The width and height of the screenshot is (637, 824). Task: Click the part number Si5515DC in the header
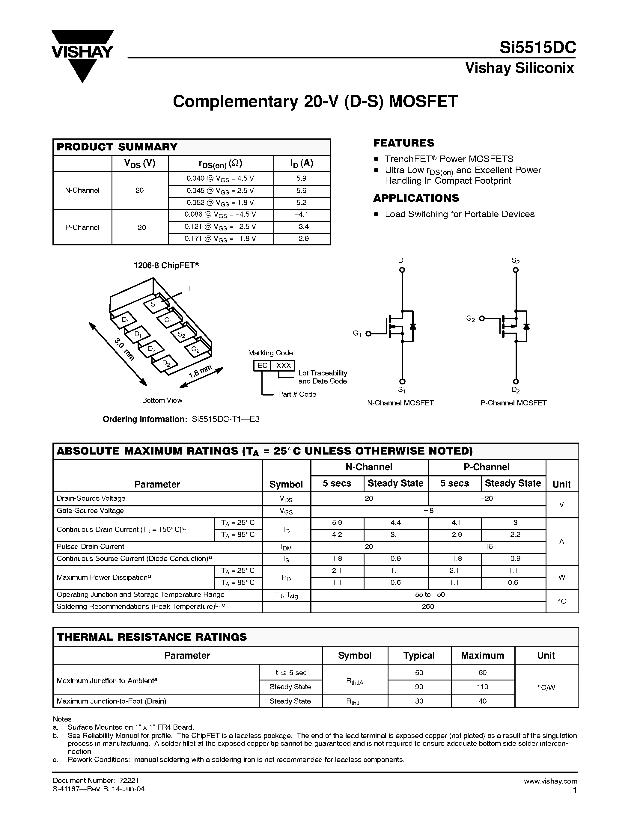tap(537, 48)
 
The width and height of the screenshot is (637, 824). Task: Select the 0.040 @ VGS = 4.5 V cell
tap(220, 179)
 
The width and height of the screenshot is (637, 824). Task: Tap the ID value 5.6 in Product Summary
tap(301, 191)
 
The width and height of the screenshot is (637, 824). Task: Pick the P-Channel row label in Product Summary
tap(82, 227)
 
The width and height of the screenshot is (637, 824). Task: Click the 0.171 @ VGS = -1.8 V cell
tap(220, 239)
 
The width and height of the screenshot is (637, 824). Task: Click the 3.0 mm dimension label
tap(124, 349)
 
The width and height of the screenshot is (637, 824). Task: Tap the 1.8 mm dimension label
tap(200, 372)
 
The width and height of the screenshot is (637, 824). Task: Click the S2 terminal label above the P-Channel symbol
tap(516, 261)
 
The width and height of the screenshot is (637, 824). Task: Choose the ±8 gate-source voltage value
tap(428, 511)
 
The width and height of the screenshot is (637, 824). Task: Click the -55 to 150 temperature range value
tap(428, 594)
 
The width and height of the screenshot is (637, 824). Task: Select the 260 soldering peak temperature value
tap(428, 606)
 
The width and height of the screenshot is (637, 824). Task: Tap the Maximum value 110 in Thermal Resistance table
tap(482, 687)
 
